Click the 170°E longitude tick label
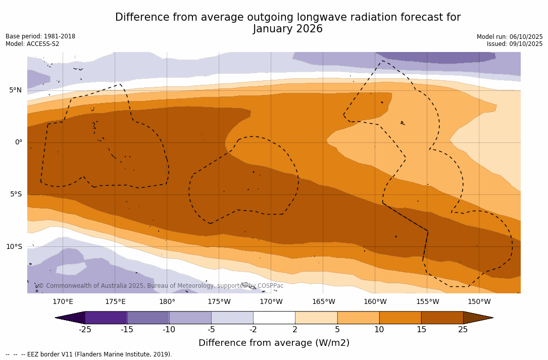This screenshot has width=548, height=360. [x=63, y=302]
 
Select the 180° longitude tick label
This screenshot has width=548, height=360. [x=167, y=302]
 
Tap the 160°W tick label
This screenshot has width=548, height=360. [x=375, y=302]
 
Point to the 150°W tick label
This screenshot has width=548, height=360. [x=479, y=302]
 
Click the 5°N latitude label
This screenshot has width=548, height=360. [x=15, y=90]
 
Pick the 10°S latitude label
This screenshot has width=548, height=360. [x=14, y=247]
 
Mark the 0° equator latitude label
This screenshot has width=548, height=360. [x=18, y=142]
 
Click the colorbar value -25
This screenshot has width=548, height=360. [x=85, y=330]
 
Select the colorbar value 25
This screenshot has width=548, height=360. [x=463, y=330]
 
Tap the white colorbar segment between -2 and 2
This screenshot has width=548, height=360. [x=274, y=318]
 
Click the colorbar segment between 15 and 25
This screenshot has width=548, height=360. [x=442, y=318]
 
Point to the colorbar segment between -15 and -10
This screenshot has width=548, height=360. [x=148, y=318]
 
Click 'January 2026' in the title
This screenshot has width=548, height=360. [x=288, y=29]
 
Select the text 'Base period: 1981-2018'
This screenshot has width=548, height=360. [x=40, y=36]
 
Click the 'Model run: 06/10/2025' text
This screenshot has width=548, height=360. [x=510, y=37]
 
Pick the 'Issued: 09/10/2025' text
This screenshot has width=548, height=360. [x=515, y=44]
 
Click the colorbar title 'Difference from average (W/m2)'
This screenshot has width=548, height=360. [x=274, y=343]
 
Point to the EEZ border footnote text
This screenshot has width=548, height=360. [x=88, y=354]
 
